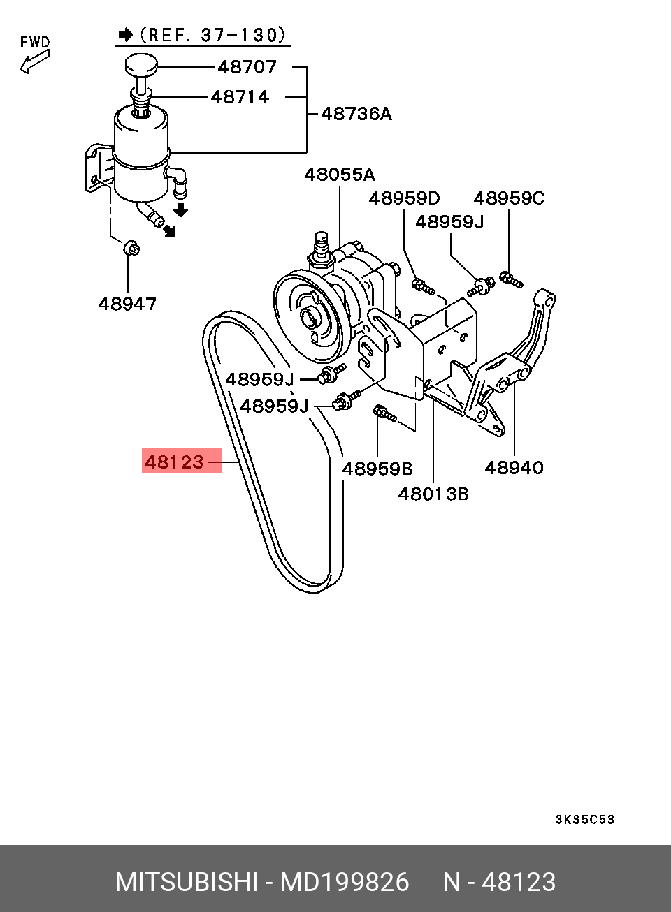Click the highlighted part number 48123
pos(174,462)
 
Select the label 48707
pos(247,67)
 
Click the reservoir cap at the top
pos(141,65)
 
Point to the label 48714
pos(240,97)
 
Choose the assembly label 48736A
pos(356,114)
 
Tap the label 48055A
pos(340,175)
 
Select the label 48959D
pos(404,198)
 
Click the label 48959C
pos(509,198)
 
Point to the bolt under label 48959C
pos(511,280)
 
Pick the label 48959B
pos(377,469)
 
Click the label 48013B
pos(433,494)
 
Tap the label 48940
pos(514,468)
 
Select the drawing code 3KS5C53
pos(584,819)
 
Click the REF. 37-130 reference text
pos(212,35)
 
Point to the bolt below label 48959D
pos(424,286)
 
